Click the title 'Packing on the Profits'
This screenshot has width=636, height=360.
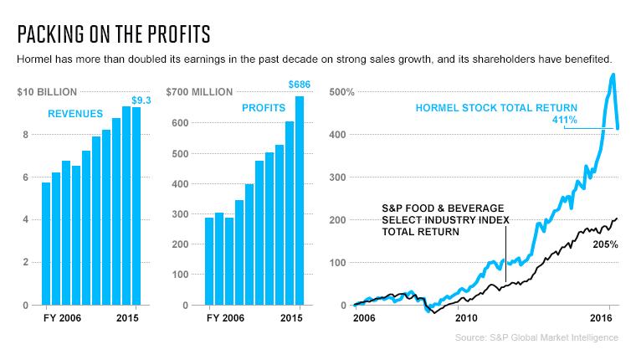114,34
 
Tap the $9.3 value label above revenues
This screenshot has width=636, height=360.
141,100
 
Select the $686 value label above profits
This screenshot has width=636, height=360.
300,85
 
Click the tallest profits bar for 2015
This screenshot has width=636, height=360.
300,200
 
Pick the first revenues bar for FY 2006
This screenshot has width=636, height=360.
46,244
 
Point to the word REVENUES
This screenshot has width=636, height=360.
75,114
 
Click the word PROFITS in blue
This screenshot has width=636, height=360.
264,108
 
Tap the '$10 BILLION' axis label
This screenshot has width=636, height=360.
47,92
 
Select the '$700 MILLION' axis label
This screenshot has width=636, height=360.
199,92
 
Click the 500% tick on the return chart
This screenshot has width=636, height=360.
341,92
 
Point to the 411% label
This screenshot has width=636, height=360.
565,120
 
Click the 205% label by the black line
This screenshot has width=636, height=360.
606,244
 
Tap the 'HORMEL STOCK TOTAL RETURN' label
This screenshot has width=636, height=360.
496,108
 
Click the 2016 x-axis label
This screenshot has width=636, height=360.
601,317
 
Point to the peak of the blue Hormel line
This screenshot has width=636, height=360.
613,75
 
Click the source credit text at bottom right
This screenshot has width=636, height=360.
536,337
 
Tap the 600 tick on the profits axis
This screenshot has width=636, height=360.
180,123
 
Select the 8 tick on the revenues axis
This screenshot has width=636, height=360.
26,135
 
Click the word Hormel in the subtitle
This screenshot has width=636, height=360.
34,59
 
